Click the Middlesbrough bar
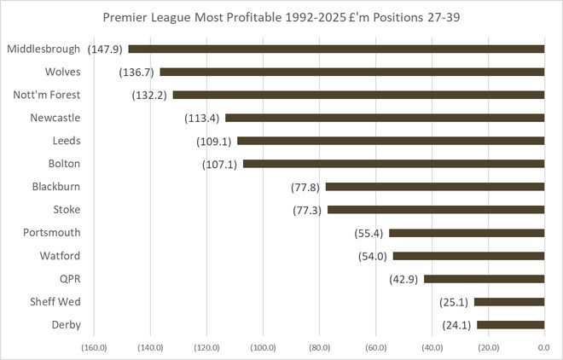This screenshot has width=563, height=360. (336, 49)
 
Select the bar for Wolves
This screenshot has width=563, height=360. (351, 73)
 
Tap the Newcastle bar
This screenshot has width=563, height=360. (385, 118)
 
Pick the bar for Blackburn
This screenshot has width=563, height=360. (435, 187)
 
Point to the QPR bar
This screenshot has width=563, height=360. (484, 279)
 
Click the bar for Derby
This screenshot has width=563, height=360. (510, 325)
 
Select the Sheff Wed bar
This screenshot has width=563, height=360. (509, 302)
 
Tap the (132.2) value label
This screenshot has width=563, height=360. (150, 96)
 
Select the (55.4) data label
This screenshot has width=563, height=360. (369, 233)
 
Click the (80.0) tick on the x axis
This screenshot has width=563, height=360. (319, 347)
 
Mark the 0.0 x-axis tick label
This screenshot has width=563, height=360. (544, 347)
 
